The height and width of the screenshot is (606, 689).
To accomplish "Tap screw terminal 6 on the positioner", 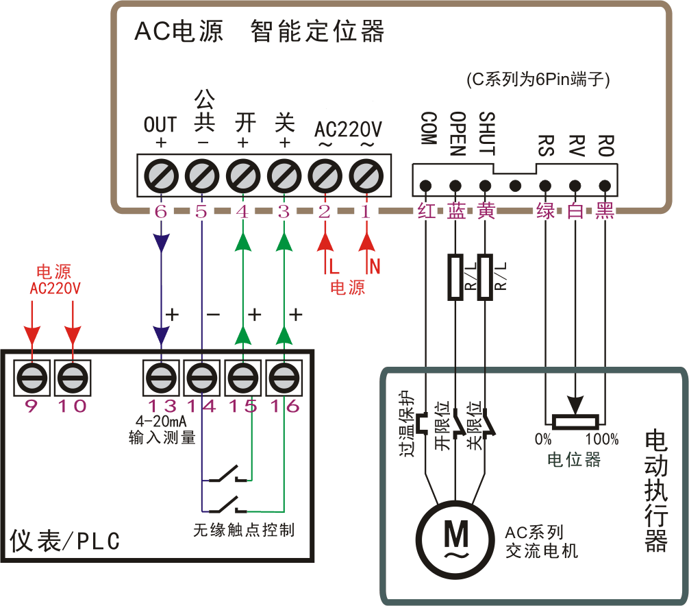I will (161, 176).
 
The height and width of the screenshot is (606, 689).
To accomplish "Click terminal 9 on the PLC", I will (32, 376).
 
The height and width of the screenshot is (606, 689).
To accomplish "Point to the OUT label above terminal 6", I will (160, 125).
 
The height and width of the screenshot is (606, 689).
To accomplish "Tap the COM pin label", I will (428, 129).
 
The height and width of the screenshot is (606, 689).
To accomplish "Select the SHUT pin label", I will (486, 133).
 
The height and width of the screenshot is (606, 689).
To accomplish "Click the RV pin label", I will (576, 145).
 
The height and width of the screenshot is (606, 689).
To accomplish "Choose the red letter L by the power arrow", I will (334, 264).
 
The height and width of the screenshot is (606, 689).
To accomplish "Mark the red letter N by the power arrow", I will (375, 264).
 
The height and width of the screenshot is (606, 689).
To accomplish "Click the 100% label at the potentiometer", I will (602, 439).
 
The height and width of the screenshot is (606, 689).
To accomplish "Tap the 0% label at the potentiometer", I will (543, 439).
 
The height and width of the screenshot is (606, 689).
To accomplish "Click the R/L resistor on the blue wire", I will (455, 277).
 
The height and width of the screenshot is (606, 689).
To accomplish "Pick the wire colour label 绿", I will (546, 211).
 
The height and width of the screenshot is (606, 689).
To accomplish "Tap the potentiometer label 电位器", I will (574, 459).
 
